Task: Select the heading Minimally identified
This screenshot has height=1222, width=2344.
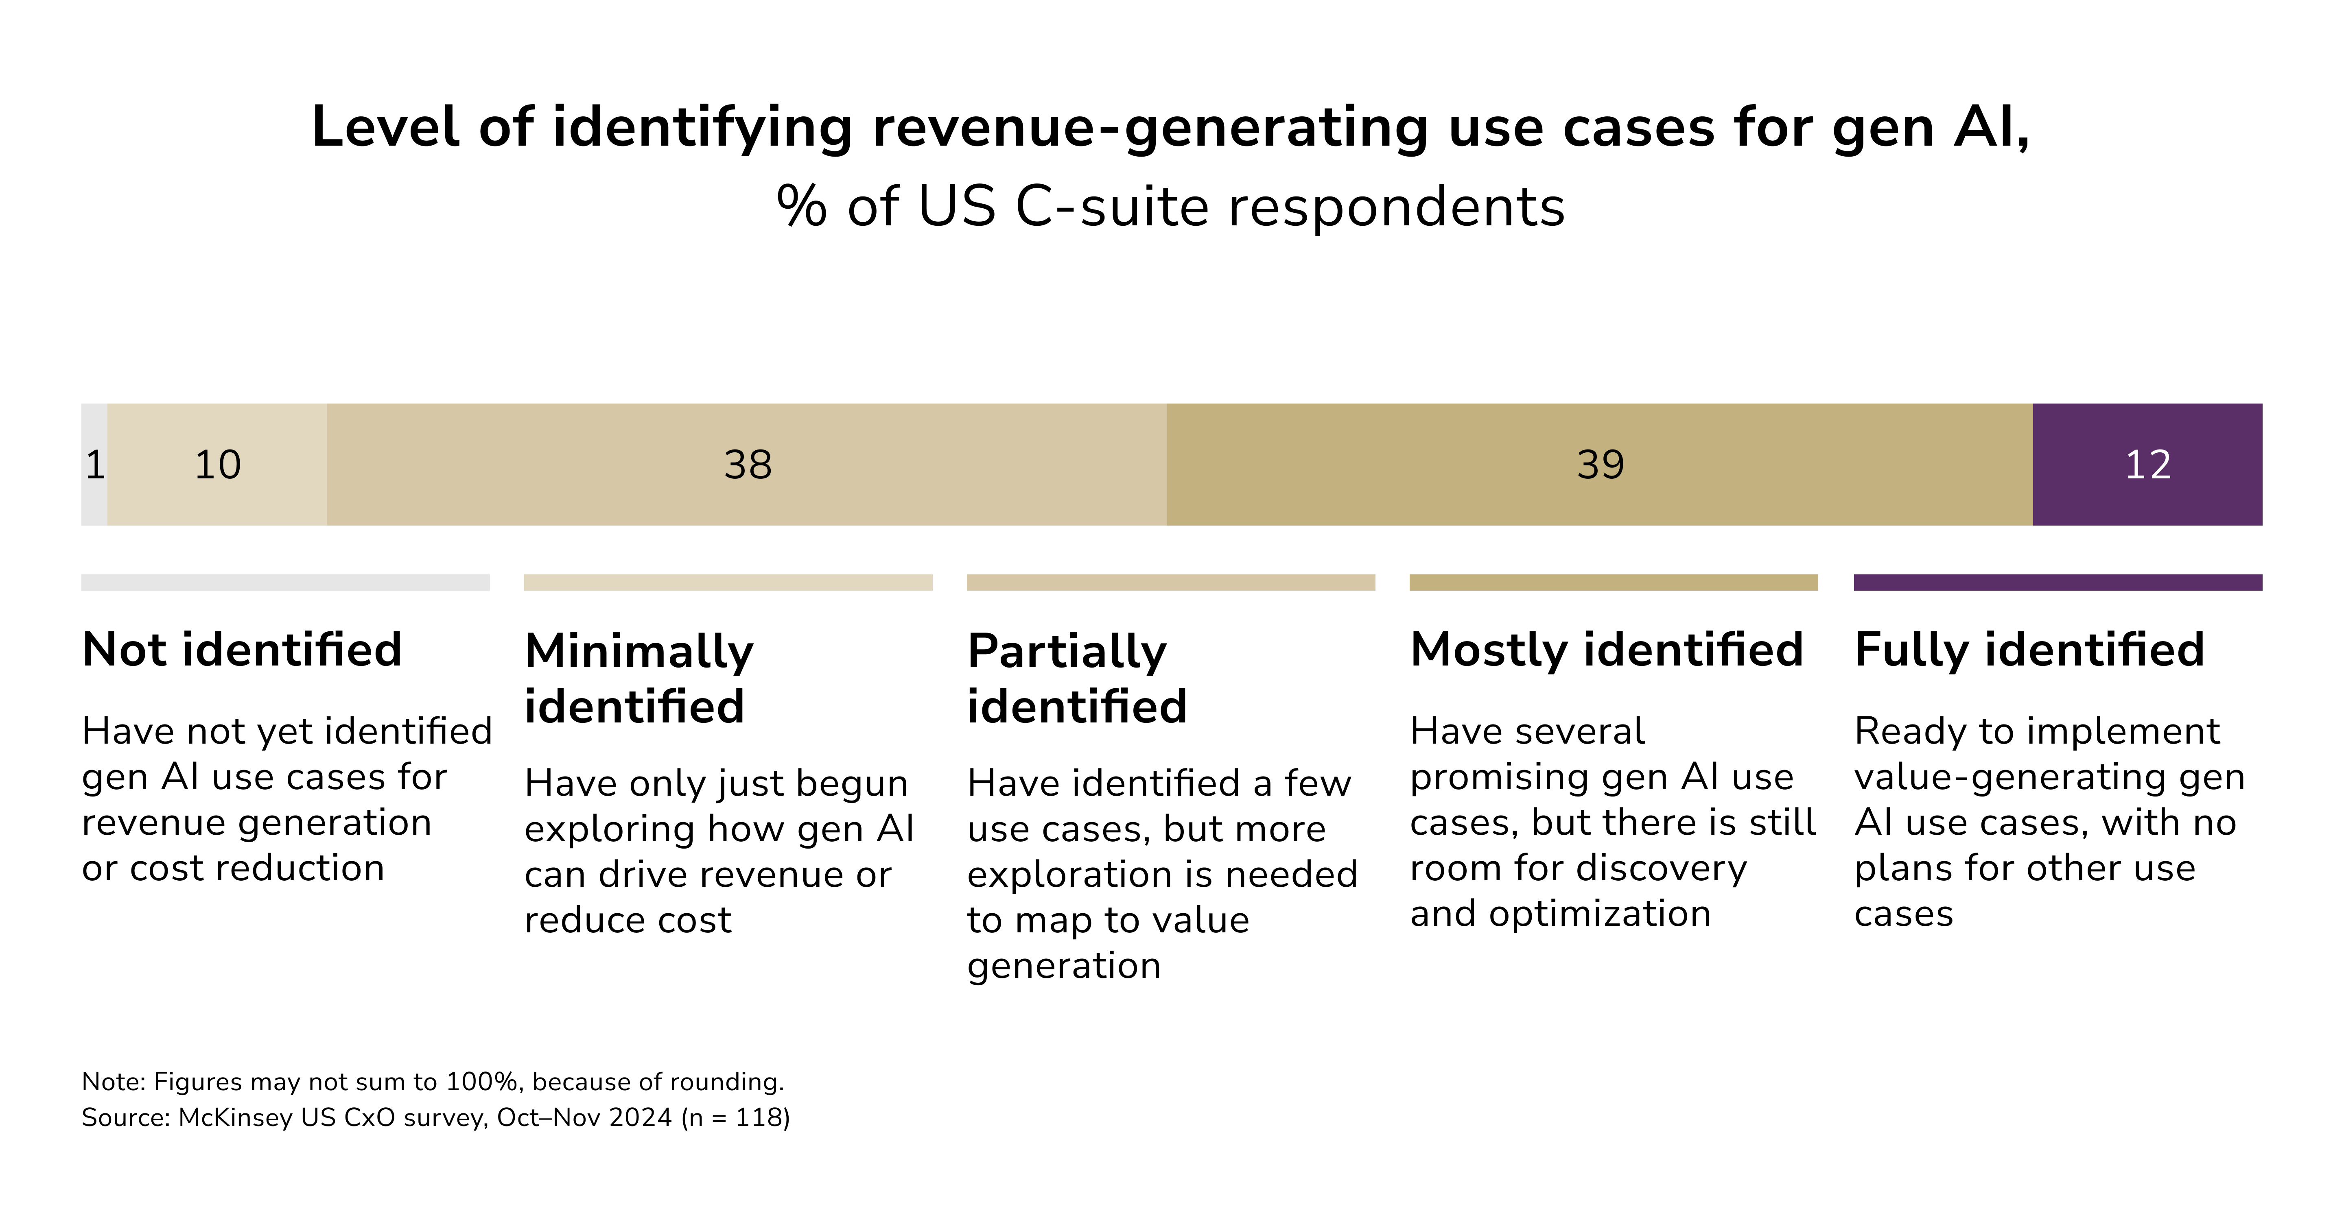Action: click(x=639, y=678)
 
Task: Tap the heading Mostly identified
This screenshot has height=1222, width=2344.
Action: click(x=1606, y=650)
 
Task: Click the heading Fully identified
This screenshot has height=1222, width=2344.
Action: click(x=2029, y=650)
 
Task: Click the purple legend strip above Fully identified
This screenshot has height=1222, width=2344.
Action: click(x=2058, y=583)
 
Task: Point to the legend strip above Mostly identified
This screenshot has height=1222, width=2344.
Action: click(x=1613, y=583)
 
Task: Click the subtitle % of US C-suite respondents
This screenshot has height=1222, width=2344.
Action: click(x=1170, y=207)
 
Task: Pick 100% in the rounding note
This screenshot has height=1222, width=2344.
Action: click(x=481, y=1082)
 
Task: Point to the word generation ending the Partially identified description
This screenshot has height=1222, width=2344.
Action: click(x=1064, y=965)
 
